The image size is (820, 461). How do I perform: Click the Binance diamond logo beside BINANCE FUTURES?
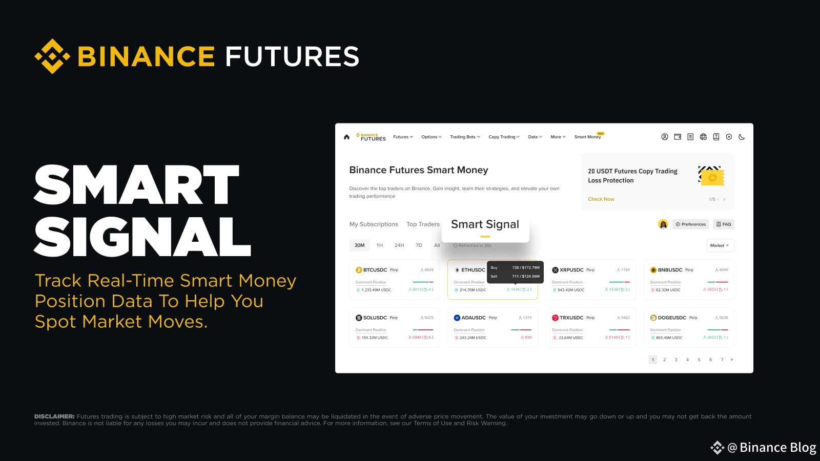(52, 56)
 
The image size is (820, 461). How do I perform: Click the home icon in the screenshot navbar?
(346, 137)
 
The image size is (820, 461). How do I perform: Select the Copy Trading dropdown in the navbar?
(503, 137)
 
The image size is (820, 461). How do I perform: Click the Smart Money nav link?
(587, 137)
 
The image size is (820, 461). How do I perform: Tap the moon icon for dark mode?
(742, 137)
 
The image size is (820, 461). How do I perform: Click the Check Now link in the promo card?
(601, 199)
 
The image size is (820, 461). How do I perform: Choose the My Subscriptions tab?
(374, 224)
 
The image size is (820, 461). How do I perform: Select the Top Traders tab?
(423, 224)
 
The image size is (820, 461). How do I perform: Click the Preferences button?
(690, 224)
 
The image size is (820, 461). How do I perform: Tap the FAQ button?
(724, 224)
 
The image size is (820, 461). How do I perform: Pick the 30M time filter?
(359, 245)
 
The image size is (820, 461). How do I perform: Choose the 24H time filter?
(399, 245)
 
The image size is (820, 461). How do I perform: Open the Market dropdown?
(720, 245)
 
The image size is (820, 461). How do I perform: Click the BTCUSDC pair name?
(375, 270)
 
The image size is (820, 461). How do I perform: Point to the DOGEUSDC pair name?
(671, 318)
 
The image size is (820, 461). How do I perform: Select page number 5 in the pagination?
(699, 360)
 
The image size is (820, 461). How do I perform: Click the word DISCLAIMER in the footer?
(54, 416)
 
